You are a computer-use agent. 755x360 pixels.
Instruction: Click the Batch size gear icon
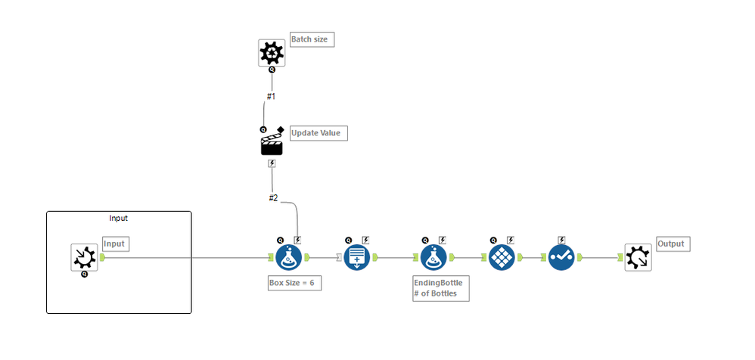(x=272, y=53)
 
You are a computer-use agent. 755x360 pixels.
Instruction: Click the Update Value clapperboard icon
(x=272, y=142)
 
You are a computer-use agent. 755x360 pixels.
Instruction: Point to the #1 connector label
(x=271, y=97)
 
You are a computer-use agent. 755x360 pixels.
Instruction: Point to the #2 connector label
(x=273, y=198)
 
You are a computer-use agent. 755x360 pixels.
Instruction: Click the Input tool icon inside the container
(x=84, y=257)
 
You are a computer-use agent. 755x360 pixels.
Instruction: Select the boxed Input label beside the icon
(x=114, y=244)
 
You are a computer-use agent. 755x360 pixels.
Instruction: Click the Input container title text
(x=119, y=218)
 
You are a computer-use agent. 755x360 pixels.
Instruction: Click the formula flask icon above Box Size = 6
(x=288, y=257)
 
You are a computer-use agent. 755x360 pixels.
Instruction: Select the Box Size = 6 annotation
(x=295, y=283)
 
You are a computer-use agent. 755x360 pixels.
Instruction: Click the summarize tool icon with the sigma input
(x=357, y=257)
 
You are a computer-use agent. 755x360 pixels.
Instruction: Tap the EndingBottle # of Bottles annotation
(x=440, y=287)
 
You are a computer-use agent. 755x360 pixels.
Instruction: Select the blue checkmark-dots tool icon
(x=561, y=257)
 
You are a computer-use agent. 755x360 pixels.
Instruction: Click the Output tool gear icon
(x=638, y=257)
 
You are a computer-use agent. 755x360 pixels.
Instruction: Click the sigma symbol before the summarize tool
(x=338, y=257)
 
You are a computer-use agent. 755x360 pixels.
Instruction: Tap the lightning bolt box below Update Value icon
(x=272, y=163)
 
